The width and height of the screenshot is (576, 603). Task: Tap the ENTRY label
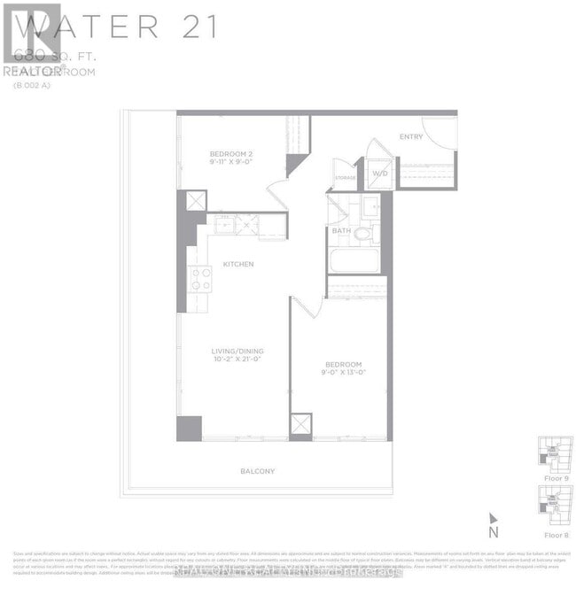[410, 136]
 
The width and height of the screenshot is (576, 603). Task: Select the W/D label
[380, 173]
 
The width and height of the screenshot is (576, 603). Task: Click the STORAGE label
[345, 178]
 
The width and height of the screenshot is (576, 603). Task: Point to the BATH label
[342, 231]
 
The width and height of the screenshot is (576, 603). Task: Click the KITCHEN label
[238, 264]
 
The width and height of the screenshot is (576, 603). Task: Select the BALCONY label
[258, 471]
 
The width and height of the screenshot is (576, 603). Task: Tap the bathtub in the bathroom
[354, 261]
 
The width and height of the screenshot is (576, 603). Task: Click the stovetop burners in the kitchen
[200, 279]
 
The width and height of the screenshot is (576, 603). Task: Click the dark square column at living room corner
[189, 428]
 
